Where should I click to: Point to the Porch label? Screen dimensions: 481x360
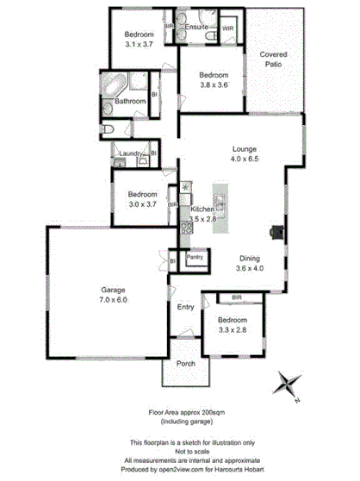(x=186, y=364)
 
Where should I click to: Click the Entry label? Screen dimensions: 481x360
(x=185, y=308)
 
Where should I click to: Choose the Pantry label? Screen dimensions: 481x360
(x=195, y=256)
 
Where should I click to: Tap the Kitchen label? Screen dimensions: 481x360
(x=202, y=209)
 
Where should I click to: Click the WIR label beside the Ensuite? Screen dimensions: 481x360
(x=227, y=28)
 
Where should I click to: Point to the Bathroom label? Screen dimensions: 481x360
(x=129, y=102)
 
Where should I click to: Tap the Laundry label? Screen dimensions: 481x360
(x=131, y=153)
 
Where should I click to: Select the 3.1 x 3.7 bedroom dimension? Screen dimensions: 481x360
(x=138, y=42)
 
